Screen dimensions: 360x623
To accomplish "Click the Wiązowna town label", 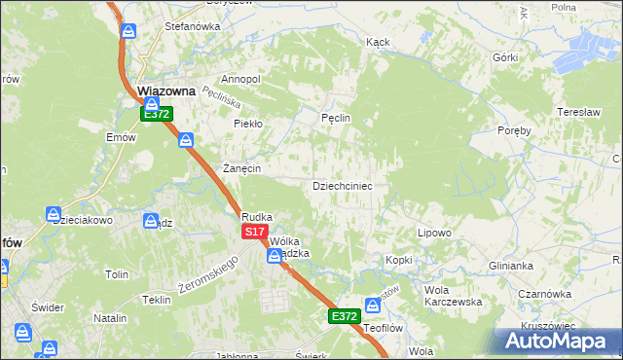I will click(167, 91).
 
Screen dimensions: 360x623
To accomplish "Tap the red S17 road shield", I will click(254, 232).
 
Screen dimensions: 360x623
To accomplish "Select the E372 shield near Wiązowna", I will click(157, 114).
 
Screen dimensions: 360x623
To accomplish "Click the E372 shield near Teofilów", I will click(344, 316).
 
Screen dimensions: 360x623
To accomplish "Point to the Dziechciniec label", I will click(342, 185).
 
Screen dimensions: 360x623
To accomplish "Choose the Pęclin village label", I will click(335, 118).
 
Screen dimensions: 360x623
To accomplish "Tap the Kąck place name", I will click(378, 43).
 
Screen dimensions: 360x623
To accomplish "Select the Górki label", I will click(504, 57).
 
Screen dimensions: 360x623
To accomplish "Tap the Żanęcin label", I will click(242, 167).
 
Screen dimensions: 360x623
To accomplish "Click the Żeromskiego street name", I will click(208, 276).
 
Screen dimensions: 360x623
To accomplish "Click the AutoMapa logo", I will click(557, 341).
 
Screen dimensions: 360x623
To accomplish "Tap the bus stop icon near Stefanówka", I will click(128, 30).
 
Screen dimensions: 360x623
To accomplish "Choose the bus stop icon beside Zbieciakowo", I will click(53, 214).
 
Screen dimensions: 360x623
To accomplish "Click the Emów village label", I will click(121, 137).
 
